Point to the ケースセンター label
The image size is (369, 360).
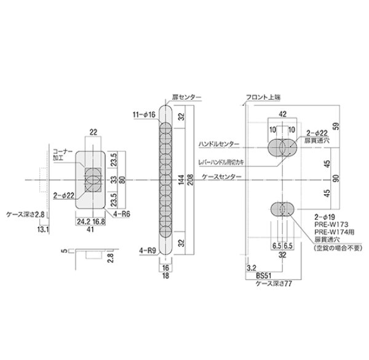[222, 178]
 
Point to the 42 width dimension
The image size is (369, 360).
[282, 114]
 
